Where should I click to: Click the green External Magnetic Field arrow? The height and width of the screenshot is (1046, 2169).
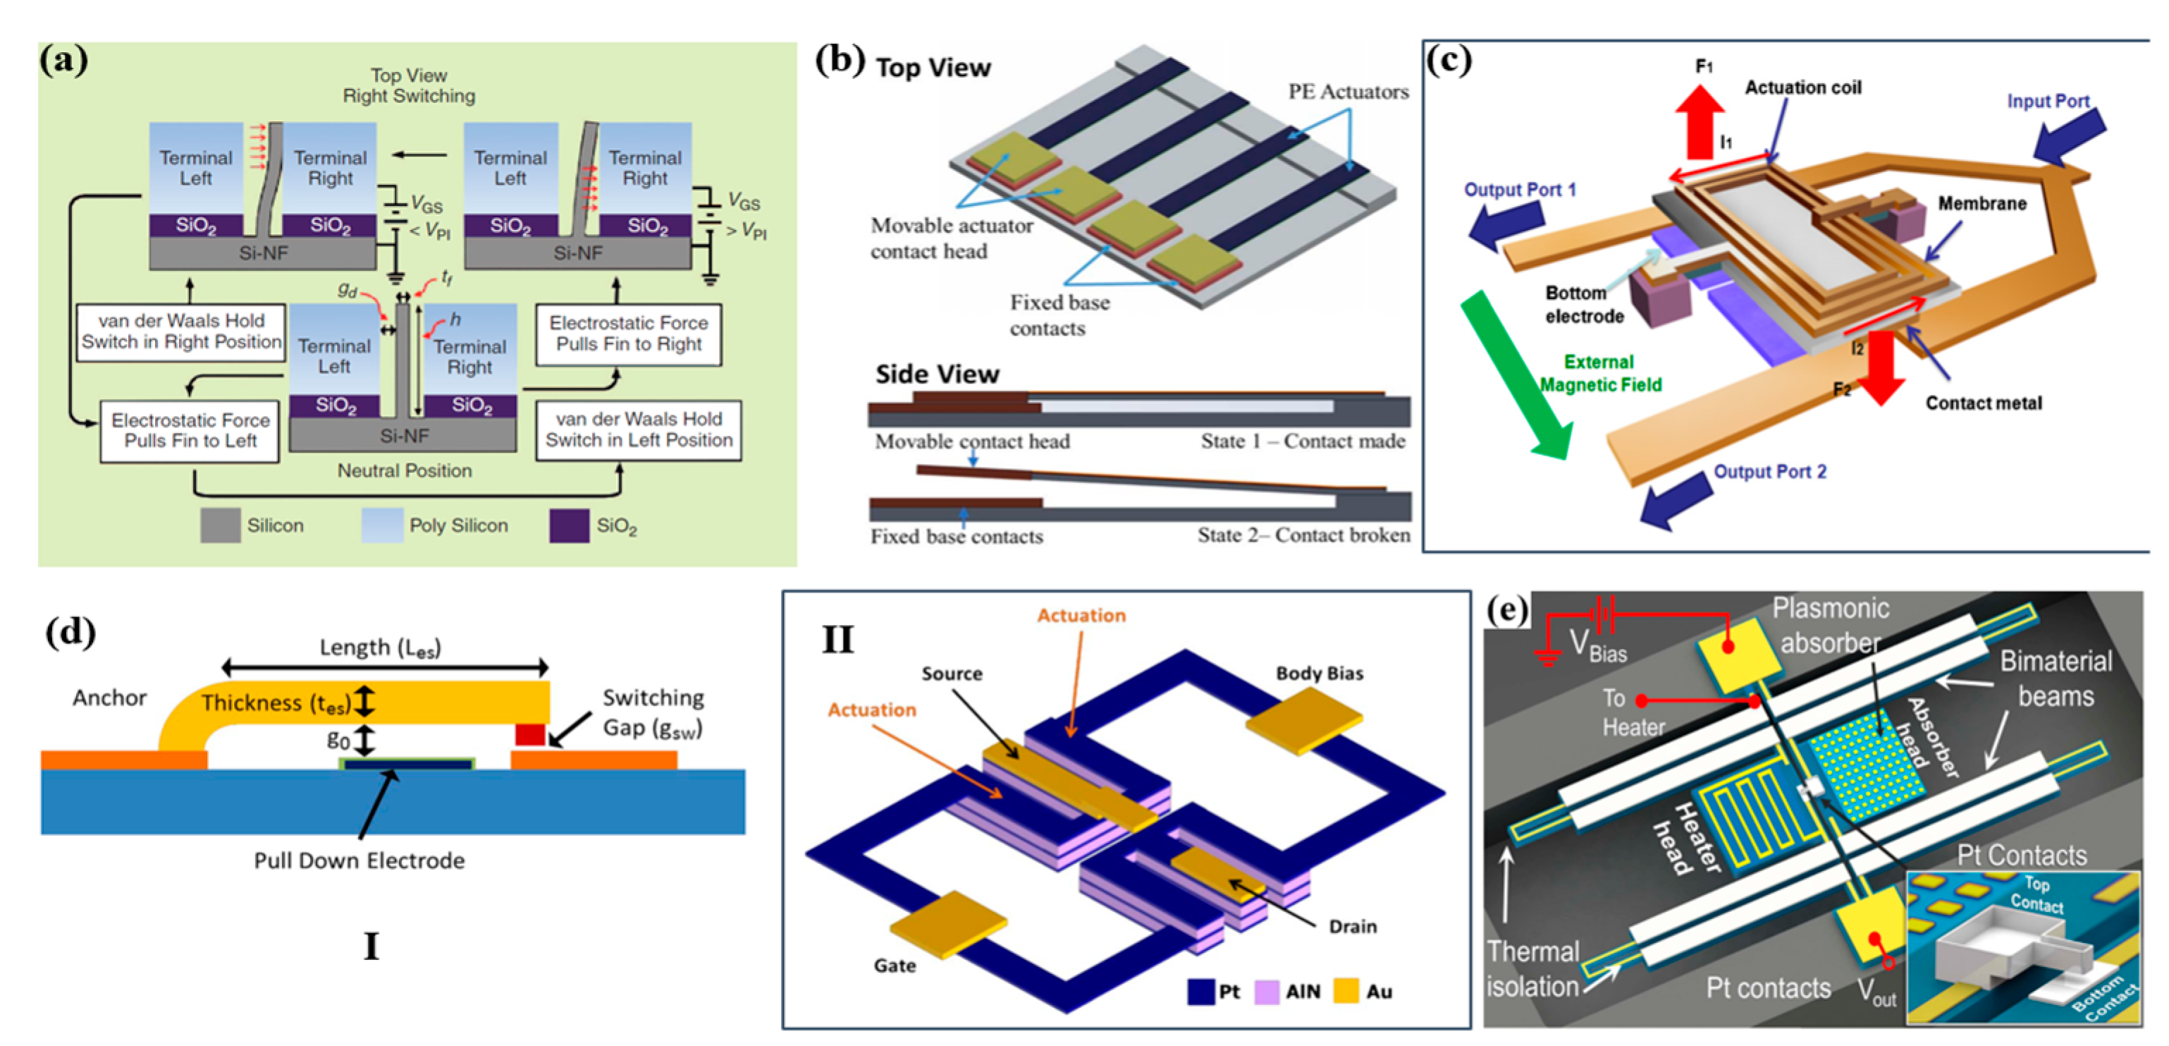coord(1516,375)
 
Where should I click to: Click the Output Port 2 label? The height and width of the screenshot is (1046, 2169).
coord(1770,472)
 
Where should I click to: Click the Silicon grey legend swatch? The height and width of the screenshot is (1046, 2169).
coord(221,525)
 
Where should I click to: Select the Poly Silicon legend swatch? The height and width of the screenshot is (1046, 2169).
coord(381,525)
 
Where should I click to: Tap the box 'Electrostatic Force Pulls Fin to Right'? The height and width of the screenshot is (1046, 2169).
coord(628,334)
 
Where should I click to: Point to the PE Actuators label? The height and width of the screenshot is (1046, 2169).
coord(1348,92)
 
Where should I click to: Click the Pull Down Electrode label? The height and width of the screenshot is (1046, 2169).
coord(360,860)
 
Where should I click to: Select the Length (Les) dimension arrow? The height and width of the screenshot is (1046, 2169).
coord(385,668)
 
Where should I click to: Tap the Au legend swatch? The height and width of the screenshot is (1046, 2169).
coord(1346,991)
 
